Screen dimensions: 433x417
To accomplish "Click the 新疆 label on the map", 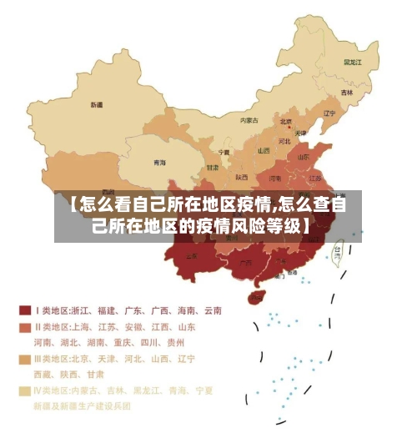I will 97,105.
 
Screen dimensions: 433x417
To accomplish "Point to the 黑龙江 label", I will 354,62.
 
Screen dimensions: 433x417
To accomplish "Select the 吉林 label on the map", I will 347,92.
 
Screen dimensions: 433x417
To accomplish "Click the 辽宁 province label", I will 329,113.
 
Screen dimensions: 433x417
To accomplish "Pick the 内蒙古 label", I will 249,120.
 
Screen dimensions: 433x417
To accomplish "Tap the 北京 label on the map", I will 286,122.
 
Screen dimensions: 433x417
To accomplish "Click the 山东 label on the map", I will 305,156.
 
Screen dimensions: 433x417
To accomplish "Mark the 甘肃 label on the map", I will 214,167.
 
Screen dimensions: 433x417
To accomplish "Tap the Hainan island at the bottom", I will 257,296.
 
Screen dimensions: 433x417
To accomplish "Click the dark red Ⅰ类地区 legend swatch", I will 26,310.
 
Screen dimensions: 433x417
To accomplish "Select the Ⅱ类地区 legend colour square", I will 26,326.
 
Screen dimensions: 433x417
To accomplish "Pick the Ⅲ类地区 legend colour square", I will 26,359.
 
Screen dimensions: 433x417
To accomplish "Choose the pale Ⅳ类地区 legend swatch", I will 26,390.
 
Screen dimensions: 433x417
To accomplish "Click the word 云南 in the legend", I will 211,310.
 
